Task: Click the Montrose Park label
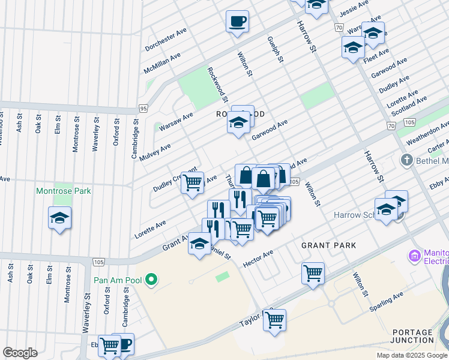(x=63, y=191)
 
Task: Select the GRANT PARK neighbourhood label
(x=328, y=245)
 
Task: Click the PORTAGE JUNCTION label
(x=412, y=337)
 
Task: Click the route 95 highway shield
(x=142, y=109)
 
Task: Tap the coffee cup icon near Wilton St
(x=237, y=22)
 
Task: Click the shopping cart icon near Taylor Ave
(x=274, y=320)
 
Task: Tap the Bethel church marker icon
(x=406, y=160)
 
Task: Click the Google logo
(x=20, y=353)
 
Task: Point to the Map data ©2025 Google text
(x=412, y=355)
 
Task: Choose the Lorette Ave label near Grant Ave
(x=150, y=229)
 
